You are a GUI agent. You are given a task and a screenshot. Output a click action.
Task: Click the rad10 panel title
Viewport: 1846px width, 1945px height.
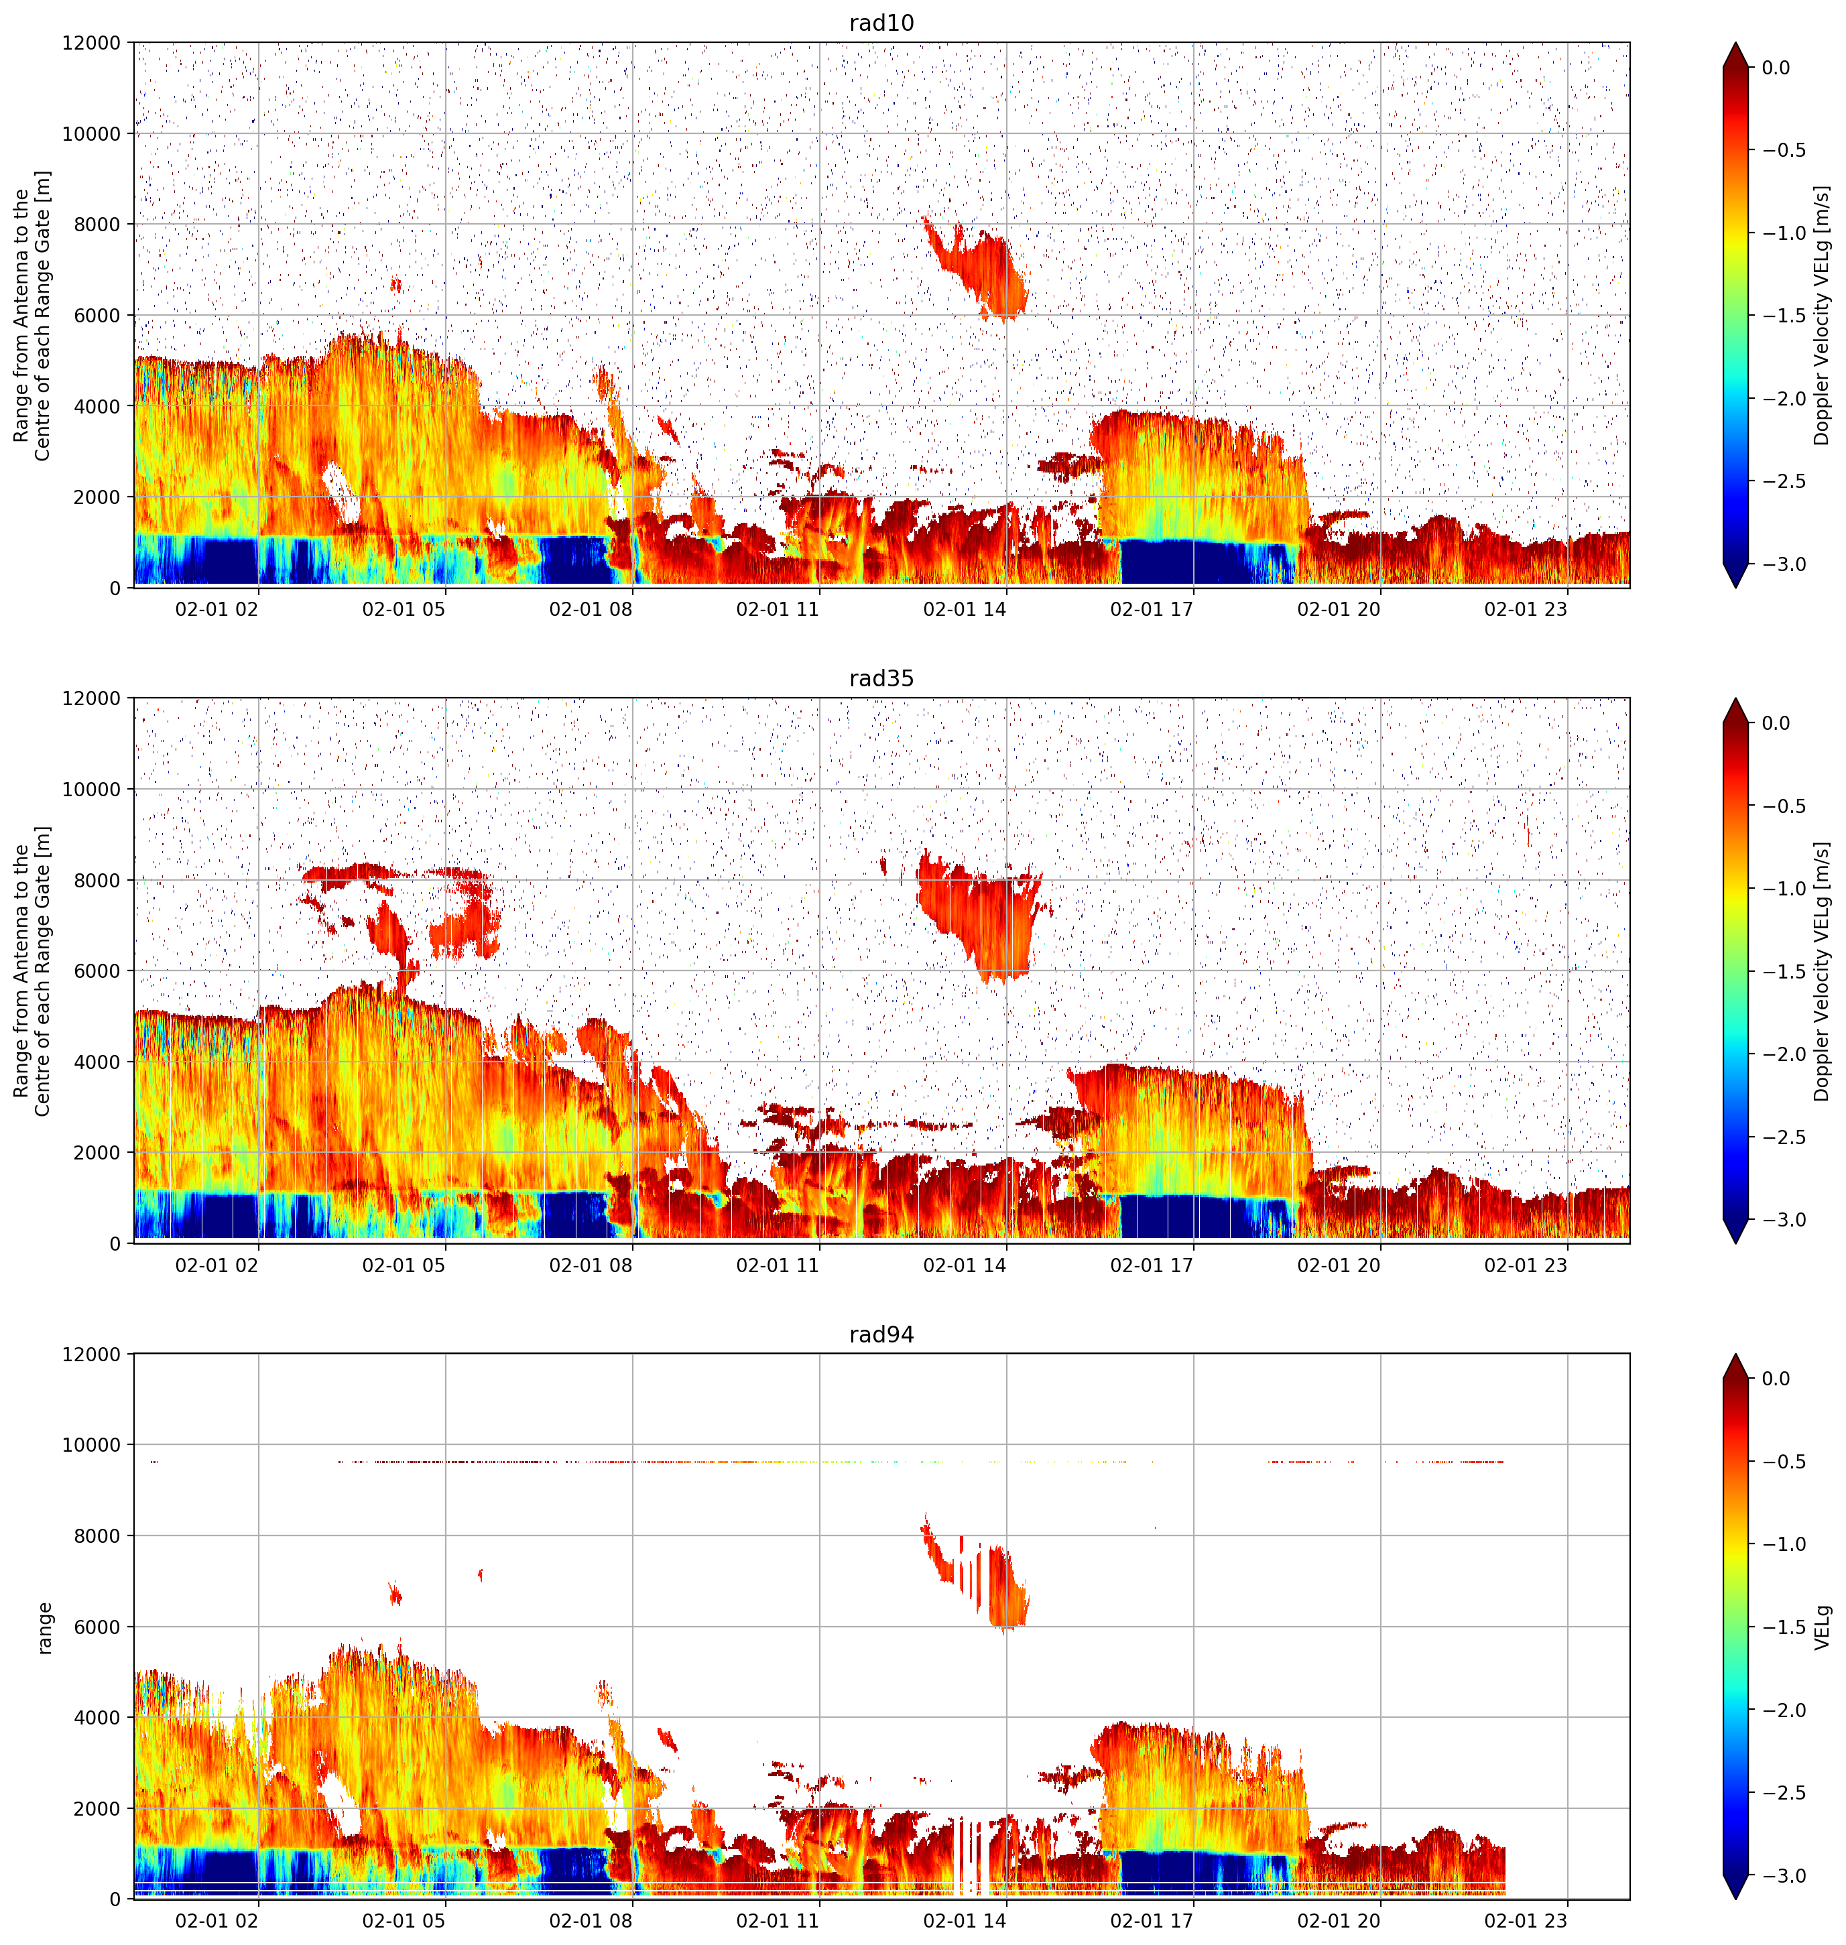tap(881, 23)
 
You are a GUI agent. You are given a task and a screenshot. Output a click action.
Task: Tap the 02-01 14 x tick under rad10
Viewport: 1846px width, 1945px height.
tap(965, 609)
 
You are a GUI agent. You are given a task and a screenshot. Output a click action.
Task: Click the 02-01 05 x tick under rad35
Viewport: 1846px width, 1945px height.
tap(404, 1265)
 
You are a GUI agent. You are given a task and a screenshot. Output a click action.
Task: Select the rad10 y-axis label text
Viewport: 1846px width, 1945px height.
tap(32, 316)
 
